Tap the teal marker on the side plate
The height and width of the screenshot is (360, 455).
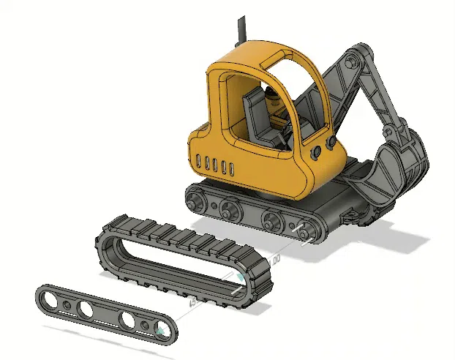(159, 333)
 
